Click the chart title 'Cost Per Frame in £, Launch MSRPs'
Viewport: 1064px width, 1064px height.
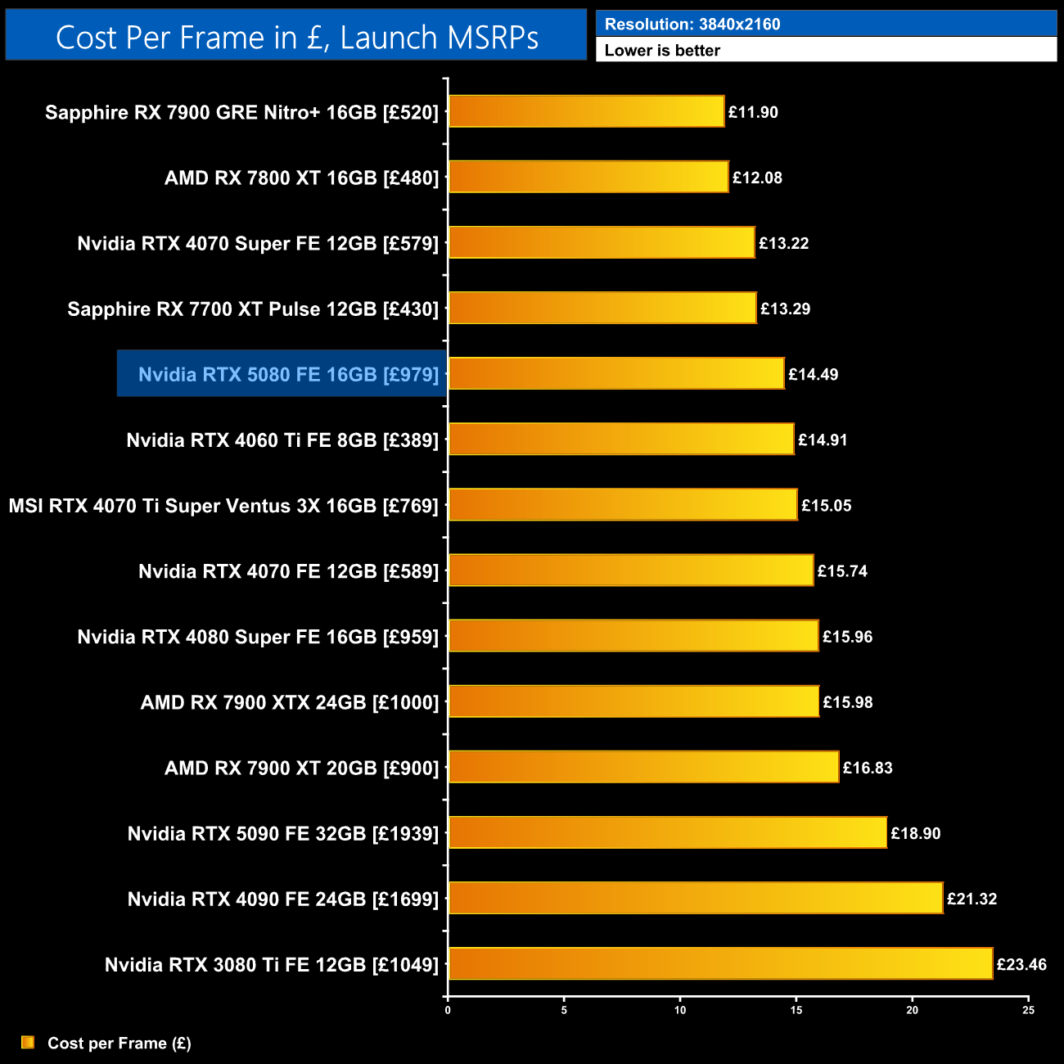(x=296, y=37)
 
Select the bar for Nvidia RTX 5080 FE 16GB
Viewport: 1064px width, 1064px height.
(x=616, y=373)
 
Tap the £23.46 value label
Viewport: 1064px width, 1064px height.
(x=1021, y=964)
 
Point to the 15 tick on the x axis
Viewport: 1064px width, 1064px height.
(x=796, y=1010)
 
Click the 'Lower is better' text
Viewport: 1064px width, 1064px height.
(x=662, y=50)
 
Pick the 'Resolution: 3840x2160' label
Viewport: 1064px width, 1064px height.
(x=692, y=24)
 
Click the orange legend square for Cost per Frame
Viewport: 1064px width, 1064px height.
(x=28, y=1042)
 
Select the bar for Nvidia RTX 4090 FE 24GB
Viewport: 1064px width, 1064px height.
(x=696, y=898)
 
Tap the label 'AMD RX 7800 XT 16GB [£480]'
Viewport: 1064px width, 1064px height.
(x=301, y=178)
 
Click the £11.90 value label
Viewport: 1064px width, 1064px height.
(x=753, y=112)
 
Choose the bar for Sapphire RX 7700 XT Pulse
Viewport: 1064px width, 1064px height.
(x=602, y=308)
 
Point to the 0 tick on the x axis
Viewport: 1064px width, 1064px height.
(x=448, y=1010)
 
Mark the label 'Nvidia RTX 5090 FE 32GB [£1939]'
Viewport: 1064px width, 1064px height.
(x=283, y=833)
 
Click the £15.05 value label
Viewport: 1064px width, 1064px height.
(x=826, y=505)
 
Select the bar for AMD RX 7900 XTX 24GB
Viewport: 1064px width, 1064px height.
(x=633, y=701)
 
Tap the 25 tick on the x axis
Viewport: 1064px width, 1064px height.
(x=1028, y=1010)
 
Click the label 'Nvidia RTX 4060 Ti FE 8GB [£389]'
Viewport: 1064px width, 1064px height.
(x=282, y=440)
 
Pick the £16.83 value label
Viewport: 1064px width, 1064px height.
(x=868, y=768)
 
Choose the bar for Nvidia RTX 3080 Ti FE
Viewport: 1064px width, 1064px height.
(x=720, y=963)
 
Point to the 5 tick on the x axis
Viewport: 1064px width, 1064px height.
(x=564, y=1010)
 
